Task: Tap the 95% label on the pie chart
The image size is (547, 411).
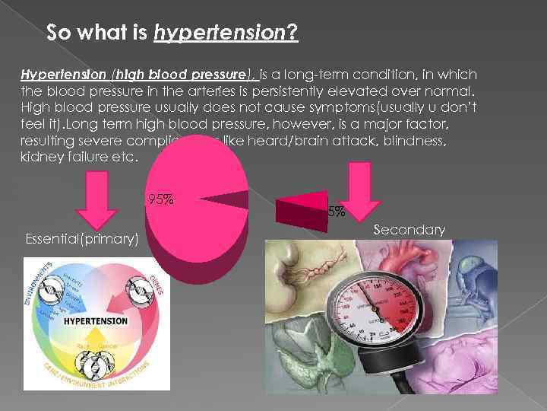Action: tap(161, 200)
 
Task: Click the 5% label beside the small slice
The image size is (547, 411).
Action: tap(336, 211)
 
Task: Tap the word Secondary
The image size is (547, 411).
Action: tap(409, 229)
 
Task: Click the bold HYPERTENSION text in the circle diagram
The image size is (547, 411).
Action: tap(95, 320)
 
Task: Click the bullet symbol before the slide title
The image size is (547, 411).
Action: tap(29, 34)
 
